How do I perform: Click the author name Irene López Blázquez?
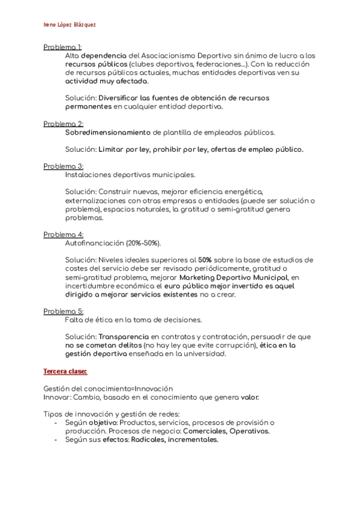click(70, 25)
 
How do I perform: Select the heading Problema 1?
click(63, 47)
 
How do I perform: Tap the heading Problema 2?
click(63, 124)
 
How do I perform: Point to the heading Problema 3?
click(63, 166)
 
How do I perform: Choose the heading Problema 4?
click(63, 234)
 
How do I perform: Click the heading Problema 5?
click(63, 311)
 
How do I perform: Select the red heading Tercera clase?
click(65, 372)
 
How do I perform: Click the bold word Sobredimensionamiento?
click(107, 132)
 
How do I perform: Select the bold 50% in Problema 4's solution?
click(206, 260)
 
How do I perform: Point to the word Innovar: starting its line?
click(58, 397)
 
